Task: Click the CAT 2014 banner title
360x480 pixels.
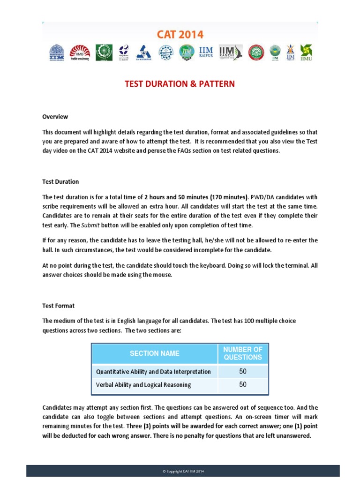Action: point(180,34)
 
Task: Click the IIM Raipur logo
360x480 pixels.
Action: point(207,52)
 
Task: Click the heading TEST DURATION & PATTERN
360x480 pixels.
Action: point(180,84)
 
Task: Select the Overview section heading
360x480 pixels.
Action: point(55,117)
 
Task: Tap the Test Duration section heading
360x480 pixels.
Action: point(60,181)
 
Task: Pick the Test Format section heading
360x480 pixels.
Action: point(58,306)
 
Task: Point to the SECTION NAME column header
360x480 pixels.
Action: point(154,353)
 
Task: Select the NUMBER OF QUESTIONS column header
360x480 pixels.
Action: point(242,353)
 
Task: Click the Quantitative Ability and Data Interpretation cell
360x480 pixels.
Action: point(153,372)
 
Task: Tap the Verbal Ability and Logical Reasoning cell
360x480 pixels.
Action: point(143,385)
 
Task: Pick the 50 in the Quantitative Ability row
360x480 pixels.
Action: point(242,372)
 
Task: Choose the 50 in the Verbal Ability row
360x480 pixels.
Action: point(242,385)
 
